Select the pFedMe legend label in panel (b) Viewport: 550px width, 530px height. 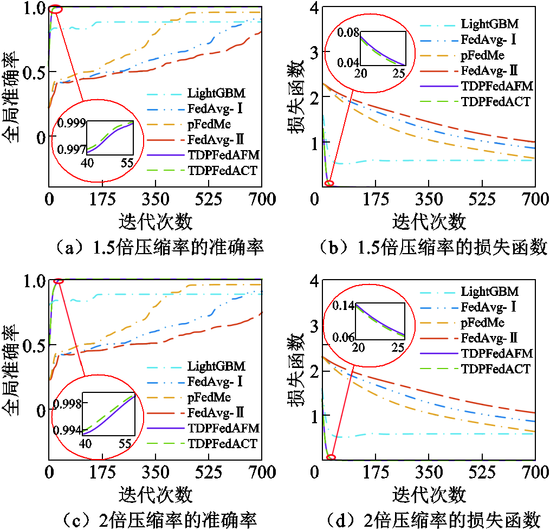482,55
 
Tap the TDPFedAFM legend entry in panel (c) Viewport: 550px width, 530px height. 223,428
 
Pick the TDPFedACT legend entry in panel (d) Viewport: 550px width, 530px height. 495,369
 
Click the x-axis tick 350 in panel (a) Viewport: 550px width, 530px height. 156,199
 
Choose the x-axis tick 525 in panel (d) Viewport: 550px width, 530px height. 480,473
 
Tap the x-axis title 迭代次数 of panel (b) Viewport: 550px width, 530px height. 429,221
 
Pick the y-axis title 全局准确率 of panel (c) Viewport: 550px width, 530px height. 15,370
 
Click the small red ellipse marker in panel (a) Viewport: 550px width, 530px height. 55,9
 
